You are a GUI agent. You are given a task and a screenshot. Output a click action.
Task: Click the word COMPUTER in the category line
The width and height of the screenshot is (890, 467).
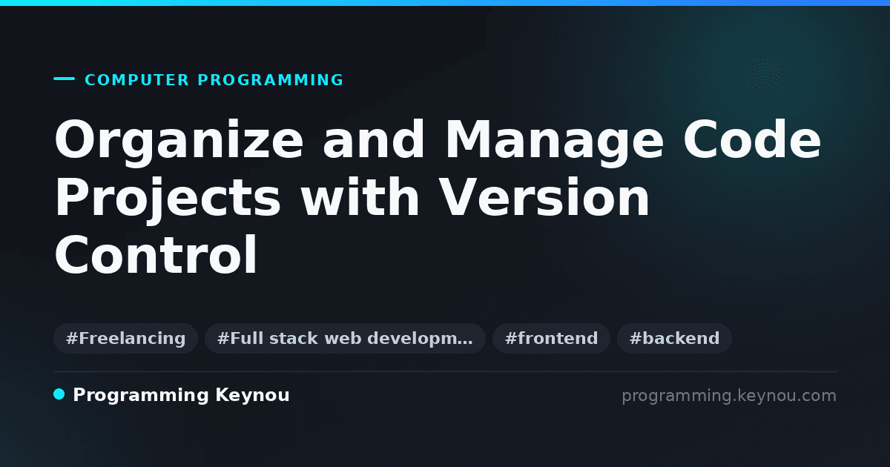(x=136, y=80)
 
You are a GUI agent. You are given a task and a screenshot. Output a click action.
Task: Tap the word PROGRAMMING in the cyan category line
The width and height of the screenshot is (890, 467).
(x=270, y=80)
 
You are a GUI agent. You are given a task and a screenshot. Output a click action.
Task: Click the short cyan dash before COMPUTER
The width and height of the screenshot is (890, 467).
(x=64, y=79)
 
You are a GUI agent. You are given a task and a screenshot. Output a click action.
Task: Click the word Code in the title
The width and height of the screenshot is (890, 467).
(x=752, y=139)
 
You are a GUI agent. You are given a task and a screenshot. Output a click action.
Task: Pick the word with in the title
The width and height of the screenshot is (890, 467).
(x=360, y=196)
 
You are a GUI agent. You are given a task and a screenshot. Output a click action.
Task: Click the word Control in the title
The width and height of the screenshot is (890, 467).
(x=156, y=254)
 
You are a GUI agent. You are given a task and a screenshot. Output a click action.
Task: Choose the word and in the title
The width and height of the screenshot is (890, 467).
(x=374, y=139)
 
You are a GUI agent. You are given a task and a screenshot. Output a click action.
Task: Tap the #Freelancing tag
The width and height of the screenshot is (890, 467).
(x=125, y=338)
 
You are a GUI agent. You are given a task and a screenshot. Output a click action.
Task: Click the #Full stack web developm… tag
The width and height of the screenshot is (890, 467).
(x=345, y=338)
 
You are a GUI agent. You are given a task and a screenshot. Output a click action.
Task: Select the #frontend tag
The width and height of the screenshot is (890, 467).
(x=551, y=338)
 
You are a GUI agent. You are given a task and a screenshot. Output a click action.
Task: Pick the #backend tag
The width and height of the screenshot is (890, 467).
(x=674, y=338)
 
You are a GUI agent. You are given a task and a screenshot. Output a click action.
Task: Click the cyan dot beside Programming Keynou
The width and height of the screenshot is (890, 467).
(x=59, y=394)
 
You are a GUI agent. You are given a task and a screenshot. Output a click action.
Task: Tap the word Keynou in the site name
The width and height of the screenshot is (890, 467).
(x=252, y=396)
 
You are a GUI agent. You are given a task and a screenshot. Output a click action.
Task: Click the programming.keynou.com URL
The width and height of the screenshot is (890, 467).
(x=729, y=396)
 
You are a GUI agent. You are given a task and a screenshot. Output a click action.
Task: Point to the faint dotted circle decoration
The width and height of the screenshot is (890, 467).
(x=767, y=73)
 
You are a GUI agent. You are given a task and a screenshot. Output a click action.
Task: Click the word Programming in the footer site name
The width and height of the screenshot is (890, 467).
(x=141, y=396)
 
